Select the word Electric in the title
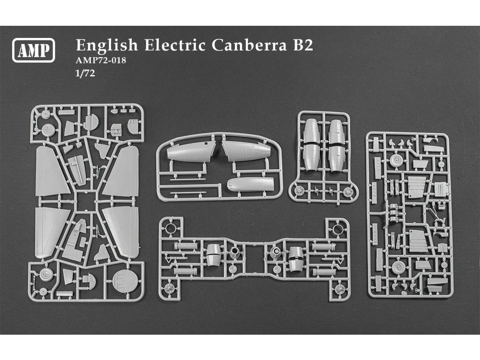click(175, 45)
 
